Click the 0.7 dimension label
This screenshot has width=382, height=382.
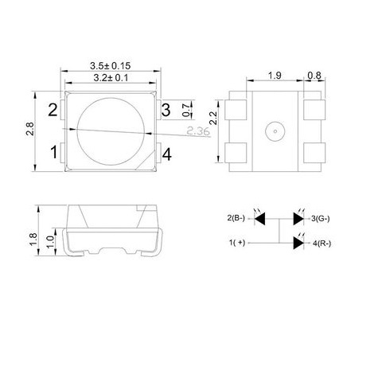click(188, 107)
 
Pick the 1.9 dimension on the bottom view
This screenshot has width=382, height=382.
click(274, 76)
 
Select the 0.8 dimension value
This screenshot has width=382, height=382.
click(314, 76)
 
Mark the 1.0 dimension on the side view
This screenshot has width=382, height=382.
click(49, 241)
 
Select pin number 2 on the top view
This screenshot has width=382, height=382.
click(53, 110)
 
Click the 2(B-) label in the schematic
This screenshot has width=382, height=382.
click(237, 218)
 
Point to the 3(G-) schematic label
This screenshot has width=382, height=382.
click(322, 218)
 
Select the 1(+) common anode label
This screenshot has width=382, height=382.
click(237, 242)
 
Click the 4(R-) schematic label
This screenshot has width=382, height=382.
click(322, 242)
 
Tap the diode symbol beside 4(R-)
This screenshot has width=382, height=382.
click(298, 241)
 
